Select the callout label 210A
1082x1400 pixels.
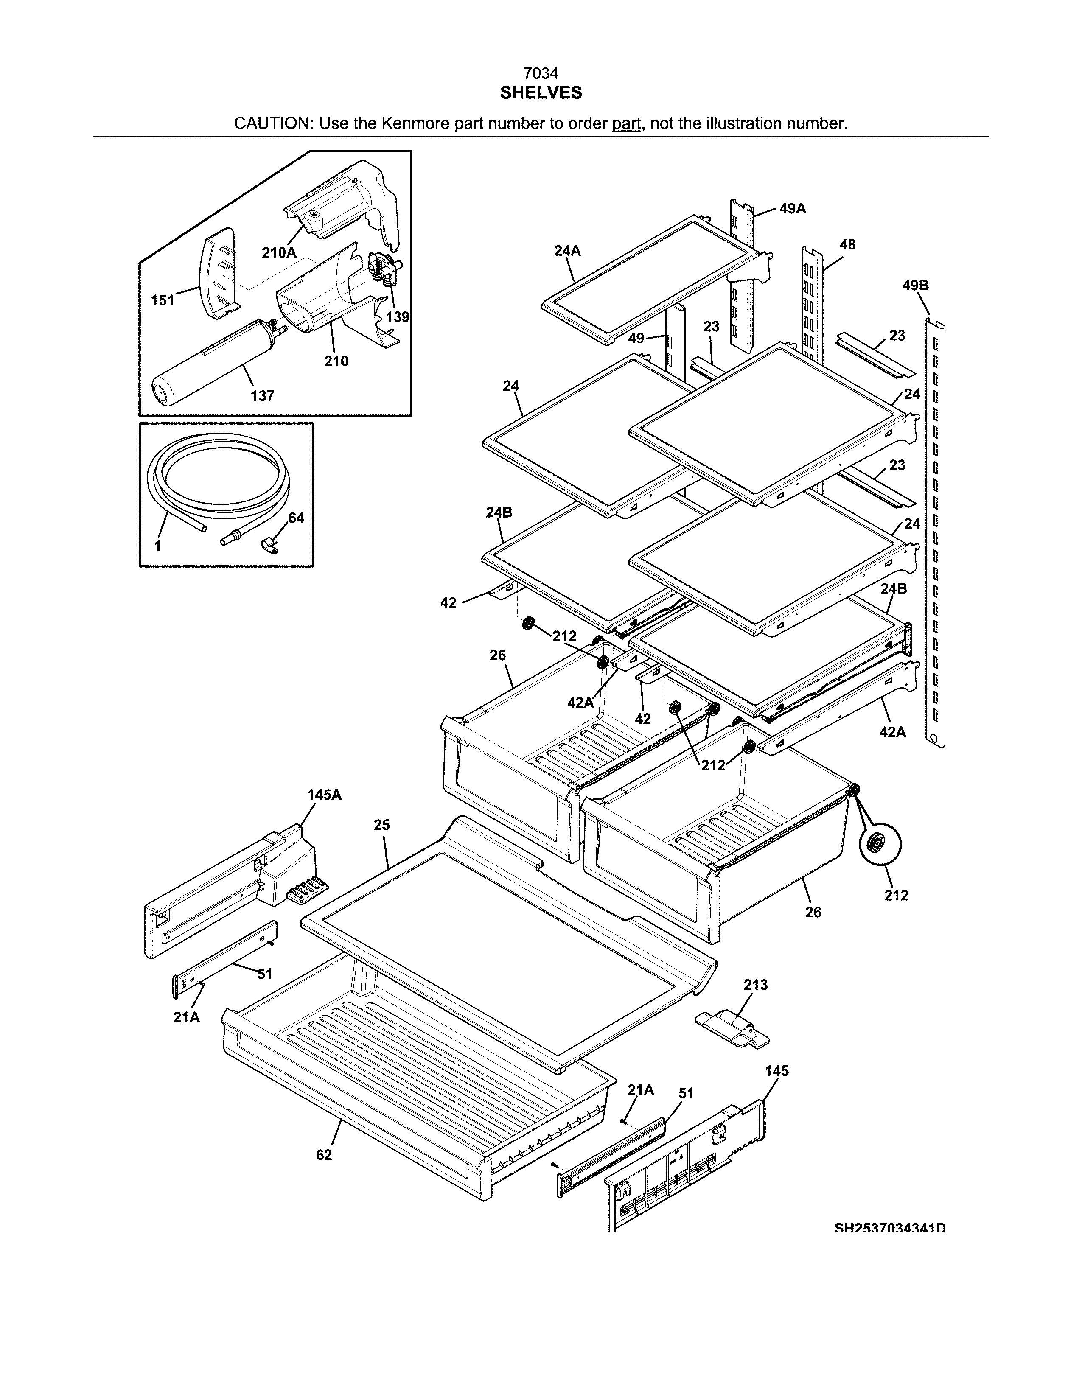[279, 252]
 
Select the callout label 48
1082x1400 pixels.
[847, 244]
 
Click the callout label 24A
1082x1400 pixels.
[567, 251]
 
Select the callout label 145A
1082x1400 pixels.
[324, 795]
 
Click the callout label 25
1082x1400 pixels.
[381, 825]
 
